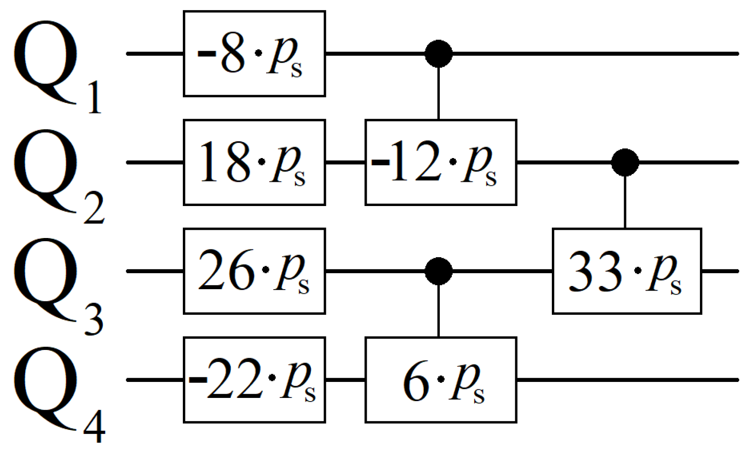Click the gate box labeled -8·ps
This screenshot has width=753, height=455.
tap(254, 54)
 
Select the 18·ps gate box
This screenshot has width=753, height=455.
tap(254, 162)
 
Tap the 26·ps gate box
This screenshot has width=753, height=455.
tap(254, 271)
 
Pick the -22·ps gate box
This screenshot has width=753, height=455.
tap(254, 380)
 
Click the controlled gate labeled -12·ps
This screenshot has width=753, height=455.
tap(441, 162)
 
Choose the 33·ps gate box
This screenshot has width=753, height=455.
tap(627, 271)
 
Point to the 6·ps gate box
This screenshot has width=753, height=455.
tap(441, 380)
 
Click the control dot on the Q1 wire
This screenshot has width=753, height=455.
tap(438, 54)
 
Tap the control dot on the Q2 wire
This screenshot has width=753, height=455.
tap(625, 162)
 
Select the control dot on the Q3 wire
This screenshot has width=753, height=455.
tap(438, 271)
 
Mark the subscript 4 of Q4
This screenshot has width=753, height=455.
tap(95, 429)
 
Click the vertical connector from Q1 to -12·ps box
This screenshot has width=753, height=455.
tap(438, 94)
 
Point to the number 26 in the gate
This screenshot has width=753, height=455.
tap(225, 271)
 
